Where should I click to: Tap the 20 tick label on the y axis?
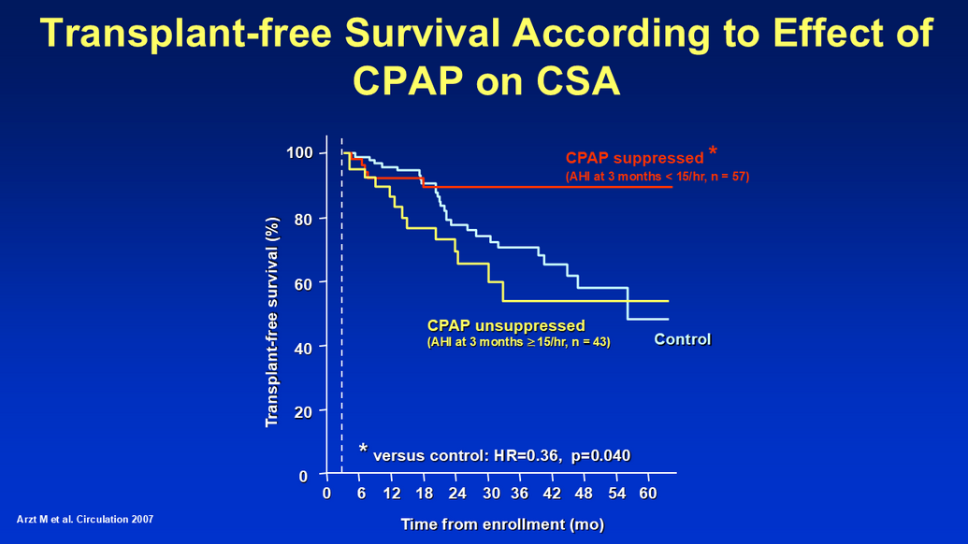tap(302, 410)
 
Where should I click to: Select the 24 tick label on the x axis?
tap(457, 494)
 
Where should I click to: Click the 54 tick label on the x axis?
tap(616, 494)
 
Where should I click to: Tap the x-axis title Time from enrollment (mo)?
tap(502, 524)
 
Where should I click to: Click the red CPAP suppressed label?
tap(634, 158)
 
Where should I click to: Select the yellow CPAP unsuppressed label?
tap(506, 325)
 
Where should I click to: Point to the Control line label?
tap(683, 339)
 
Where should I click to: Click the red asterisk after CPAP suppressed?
tap(713, 151)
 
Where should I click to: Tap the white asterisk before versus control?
tap(363, 449)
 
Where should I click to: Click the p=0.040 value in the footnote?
tap(600, 456)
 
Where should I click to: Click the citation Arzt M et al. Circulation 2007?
tap(86, 519)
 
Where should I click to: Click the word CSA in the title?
tap(577, 81)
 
